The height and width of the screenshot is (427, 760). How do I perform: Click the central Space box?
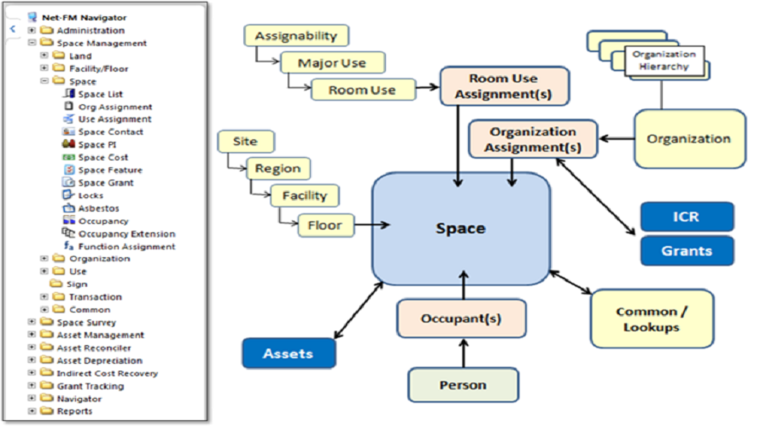click(x=460, y=229)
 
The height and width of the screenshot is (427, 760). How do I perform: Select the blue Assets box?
click(x=288, y=353)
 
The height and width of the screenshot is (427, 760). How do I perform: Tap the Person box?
click(x=463, y=385)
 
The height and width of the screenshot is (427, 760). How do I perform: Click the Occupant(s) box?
click(x=461, y=319)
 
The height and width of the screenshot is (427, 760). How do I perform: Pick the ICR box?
click(x=687, y=217)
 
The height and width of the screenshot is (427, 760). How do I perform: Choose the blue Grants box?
click(x=687, y=251)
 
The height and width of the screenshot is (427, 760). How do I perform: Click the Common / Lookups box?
click(x=652, y=319)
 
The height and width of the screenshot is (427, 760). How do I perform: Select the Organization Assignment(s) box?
click(x=533, y=139)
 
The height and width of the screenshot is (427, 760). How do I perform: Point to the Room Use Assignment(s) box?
click(x=504, y=85)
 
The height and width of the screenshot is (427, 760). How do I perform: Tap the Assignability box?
click(x=295, y=36)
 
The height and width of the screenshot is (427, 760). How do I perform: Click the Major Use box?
click(x=332, y=63)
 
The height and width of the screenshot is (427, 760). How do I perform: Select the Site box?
click(x=244, y=141)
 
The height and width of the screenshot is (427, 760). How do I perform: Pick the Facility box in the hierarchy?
click(x=305, y=196)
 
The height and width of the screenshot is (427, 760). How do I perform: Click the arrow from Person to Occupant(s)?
click(x=462, y=353)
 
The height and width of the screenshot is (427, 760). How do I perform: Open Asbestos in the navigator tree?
click(x=98, y=208)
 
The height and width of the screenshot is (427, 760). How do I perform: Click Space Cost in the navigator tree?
click(x=102, y=157)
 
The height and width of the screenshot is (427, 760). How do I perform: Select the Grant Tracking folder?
click(x=89, y=386)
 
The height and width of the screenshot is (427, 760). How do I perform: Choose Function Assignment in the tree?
click(x=126, y=246)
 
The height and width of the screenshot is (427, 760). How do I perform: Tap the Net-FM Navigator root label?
click(x=83, y=17)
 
